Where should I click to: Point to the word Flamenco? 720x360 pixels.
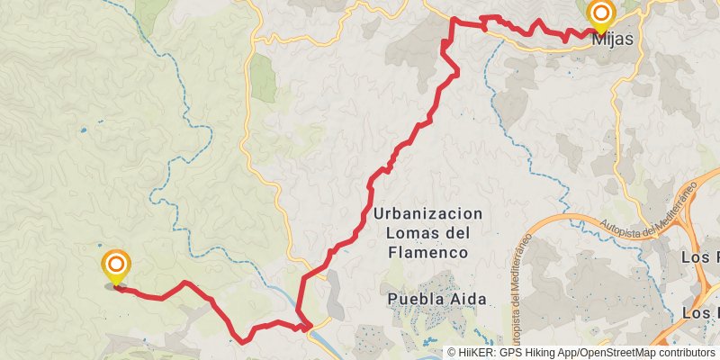(x=427, y=253)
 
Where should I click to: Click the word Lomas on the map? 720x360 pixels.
(x=410, y=234)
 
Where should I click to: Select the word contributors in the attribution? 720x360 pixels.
(x=683, y=353)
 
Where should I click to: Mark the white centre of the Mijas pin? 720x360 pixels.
(x=600, y=13)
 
